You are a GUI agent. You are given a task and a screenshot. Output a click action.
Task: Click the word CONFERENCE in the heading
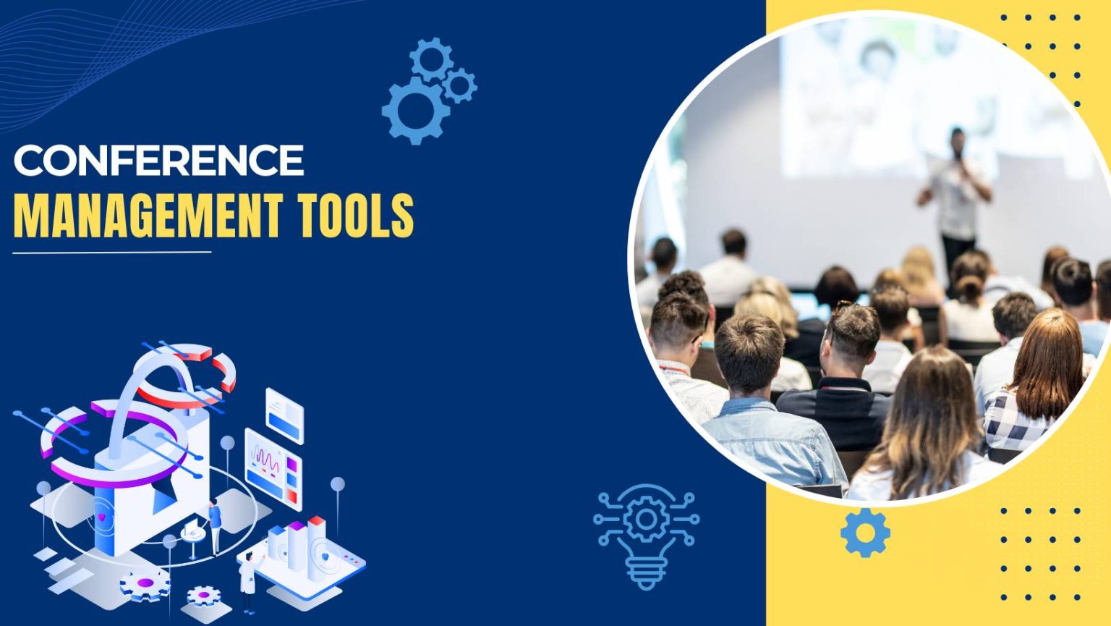click(158, 160)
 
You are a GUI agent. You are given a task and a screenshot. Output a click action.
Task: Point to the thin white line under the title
click(112, 253)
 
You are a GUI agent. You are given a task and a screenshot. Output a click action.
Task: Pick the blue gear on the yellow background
click(865, 533)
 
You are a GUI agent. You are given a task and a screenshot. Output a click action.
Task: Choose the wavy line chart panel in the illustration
click(272, 467)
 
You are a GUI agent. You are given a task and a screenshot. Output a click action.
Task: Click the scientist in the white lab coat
click(248, 579)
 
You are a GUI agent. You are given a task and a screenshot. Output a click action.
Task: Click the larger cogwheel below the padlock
click(145, 583)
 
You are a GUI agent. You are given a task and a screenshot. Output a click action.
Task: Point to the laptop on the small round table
click(192, 532)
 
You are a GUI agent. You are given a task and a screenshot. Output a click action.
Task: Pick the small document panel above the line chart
click(284, 415)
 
